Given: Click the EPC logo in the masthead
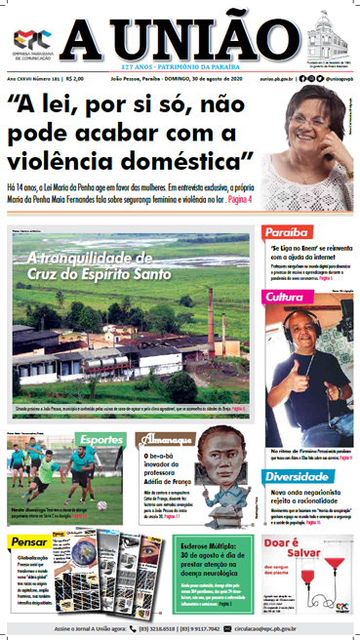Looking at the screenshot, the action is [29, 38].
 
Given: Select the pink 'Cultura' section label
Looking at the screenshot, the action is [285, 296].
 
